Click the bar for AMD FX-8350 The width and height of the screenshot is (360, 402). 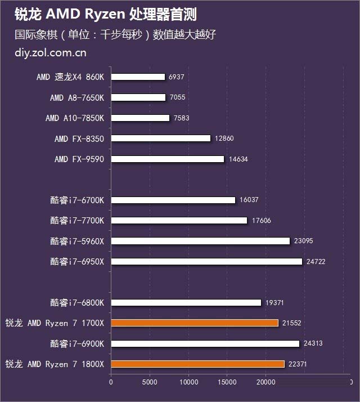tap(160, 139)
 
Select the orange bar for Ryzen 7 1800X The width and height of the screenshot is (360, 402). tap(197, 364)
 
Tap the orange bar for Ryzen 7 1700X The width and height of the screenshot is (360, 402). tap(195, 323)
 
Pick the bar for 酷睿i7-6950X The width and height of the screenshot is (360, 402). tap(206, 261)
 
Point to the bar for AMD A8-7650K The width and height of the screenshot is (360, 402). tap(138, 97)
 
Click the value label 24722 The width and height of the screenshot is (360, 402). tap(315, 261)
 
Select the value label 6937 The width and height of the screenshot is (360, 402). tap(176, 77)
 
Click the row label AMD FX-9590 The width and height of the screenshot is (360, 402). tap(79, 159)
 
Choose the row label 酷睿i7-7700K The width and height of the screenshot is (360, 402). tap(77, 220)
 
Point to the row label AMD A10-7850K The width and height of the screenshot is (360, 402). tap(75, 118)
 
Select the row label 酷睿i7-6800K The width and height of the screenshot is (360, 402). tap(77, 302)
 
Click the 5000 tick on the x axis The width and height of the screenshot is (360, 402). tap(150, 382)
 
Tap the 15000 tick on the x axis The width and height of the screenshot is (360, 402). tap(227, 382)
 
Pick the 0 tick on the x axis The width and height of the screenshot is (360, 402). tap(111, 382)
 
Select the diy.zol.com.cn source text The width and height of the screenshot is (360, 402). tap(51, 53)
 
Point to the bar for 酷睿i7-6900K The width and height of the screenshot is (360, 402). tap(205, 343)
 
